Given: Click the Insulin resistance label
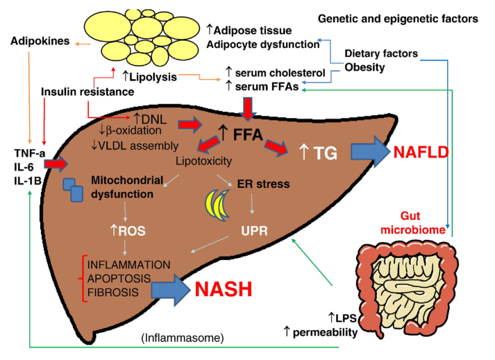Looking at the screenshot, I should pos(87,92).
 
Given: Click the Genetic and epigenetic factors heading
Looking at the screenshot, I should pos(398,17).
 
